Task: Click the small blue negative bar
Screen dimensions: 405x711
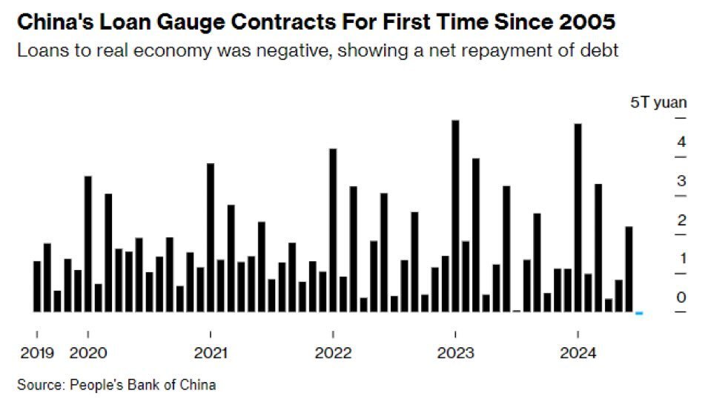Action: (x=639, y=314)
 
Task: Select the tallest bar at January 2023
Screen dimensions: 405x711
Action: (x=455, y=215)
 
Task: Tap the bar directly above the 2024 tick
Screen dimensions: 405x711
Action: (x=578, y=217)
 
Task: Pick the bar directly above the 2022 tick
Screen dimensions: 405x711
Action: (x=333, y=230)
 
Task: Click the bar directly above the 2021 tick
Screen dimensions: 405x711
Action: (x=211, y=237)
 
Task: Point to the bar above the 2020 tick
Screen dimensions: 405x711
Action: (x=88, y=243)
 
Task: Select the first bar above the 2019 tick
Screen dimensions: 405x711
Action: (x=37, y=286)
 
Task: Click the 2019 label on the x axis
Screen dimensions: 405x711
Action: (x=37, y=353)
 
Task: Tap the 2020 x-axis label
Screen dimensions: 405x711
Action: (x=88, y=353)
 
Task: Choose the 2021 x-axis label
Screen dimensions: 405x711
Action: (x=211, y=353)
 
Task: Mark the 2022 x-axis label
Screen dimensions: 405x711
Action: (x=333, y=353)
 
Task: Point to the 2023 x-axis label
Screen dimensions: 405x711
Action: (x=455, y=353)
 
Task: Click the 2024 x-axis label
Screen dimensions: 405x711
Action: (x=578, y=353)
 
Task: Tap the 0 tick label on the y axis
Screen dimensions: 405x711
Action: (x=681, y=297)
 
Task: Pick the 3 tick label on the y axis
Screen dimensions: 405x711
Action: (x=681, y=181)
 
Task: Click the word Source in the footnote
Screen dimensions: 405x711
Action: (x=39, y=384)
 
